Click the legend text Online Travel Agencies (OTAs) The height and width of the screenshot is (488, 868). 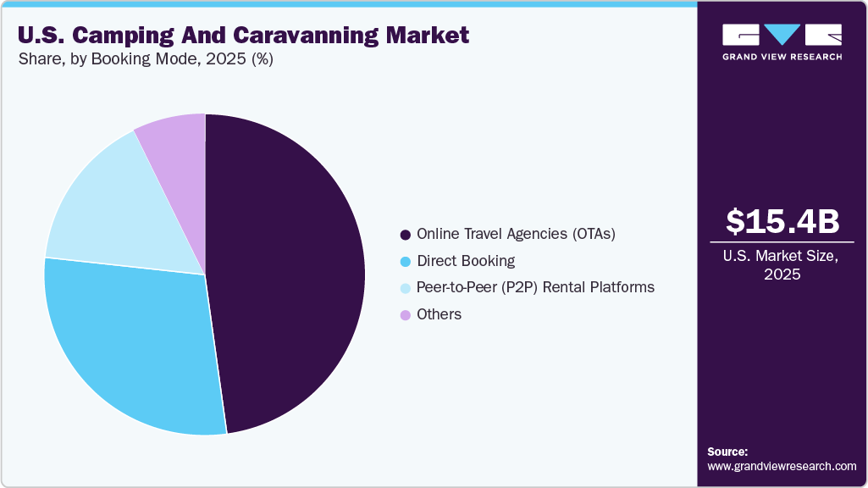516,234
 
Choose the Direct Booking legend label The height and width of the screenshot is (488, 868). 466,261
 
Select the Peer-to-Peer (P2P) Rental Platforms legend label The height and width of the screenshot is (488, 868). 535,287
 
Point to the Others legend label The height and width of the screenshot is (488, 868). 439,314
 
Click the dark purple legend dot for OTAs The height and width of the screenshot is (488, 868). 406,235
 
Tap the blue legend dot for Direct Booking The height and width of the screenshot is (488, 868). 406,261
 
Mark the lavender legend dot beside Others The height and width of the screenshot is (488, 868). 406,314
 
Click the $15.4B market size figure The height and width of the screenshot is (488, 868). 782,221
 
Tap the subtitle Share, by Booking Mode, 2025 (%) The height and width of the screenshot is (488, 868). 146,59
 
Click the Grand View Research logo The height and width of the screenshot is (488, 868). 782,35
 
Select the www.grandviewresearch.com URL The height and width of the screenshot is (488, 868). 782,466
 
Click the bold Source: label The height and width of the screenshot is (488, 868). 727,452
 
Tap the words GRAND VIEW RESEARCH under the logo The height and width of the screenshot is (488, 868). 782,57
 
